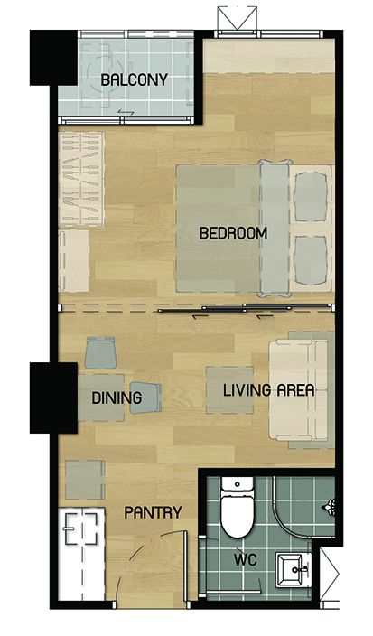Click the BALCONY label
point(134,79)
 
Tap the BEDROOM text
point(233,233)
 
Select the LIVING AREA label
point(269,390)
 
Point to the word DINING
point(117,397)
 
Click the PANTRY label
point(153,512)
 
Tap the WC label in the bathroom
point(246,560)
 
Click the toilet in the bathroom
point(238,507)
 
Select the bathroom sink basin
point(293,569)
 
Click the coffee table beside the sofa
point(230,390)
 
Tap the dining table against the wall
point(101,397)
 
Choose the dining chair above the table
point(100,353)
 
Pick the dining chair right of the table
point(145,397)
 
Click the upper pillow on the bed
point(311,197)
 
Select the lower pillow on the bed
point(311,260)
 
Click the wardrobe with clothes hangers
point(81,179)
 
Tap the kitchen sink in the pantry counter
point(82,528)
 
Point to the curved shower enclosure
point(303,506)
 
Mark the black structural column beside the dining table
point(53,397)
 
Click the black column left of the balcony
point(53,58)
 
